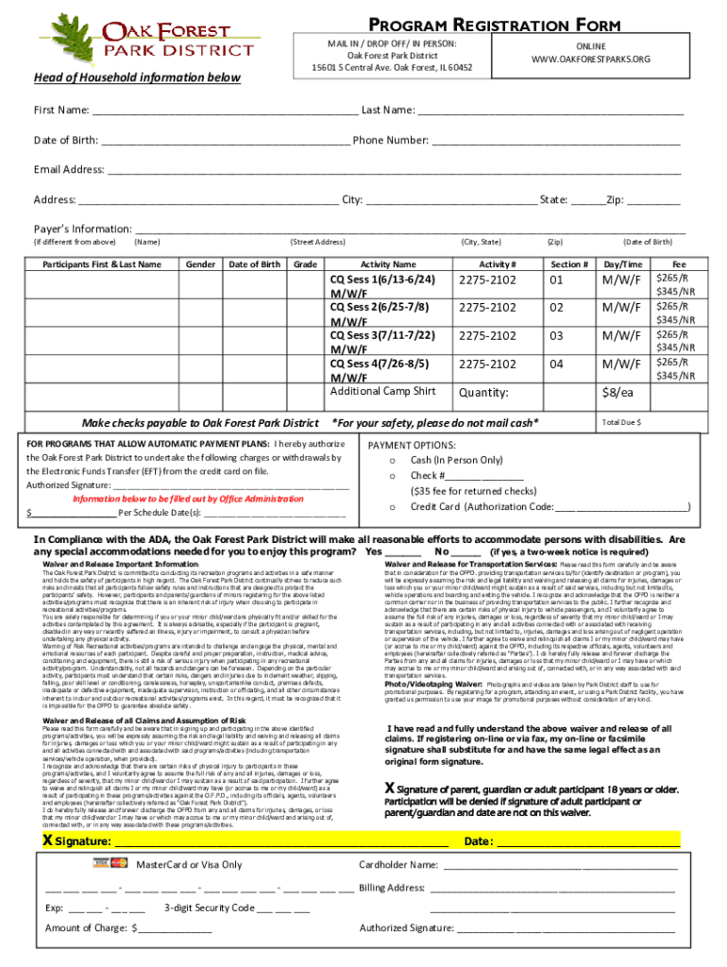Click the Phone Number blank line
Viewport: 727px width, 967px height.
(556, 141)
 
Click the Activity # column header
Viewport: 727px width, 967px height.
(498, 263)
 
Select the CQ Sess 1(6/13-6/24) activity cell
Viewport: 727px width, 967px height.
(381, 280)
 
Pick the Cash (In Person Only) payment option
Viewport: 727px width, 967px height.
(456, 460)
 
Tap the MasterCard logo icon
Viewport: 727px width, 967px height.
(119, 863)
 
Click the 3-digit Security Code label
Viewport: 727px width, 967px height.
(209, 908)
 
